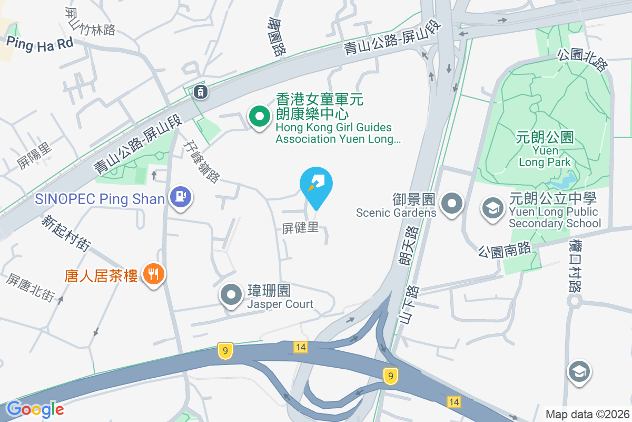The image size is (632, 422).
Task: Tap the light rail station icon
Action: pos(201,92)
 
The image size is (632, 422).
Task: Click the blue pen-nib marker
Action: pos(316,185)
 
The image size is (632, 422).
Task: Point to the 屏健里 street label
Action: pos(300,228)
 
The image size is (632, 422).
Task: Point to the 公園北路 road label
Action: pos(582,60)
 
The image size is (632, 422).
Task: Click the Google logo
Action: pos(35,409)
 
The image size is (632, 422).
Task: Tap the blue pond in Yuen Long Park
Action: pos(561,182)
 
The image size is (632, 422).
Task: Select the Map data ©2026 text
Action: pos(587,414)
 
